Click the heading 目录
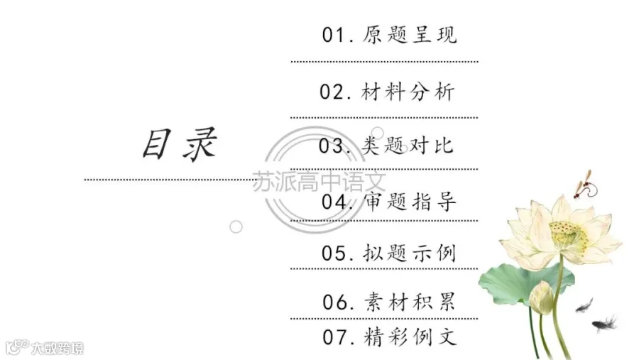coord(180,144)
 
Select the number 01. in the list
coord(338,35)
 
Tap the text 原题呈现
coord(410,35)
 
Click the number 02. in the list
coord(335,92)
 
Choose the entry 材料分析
coord(408,92)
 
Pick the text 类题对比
coord(407,145)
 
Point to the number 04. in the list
coord(337,202)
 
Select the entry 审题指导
coord(410,202)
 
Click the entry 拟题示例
coord(409,253)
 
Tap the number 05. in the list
coord(337,253)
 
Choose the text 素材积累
coord(410,302)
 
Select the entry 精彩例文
coord(410,337)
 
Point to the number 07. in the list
coord(338,337)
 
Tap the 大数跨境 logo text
coord(58,348)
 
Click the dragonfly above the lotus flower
coord(585,185)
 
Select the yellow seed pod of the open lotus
coord(569,235)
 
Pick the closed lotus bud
coord(541,298)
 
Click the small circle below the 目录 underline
coord(236,227)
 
